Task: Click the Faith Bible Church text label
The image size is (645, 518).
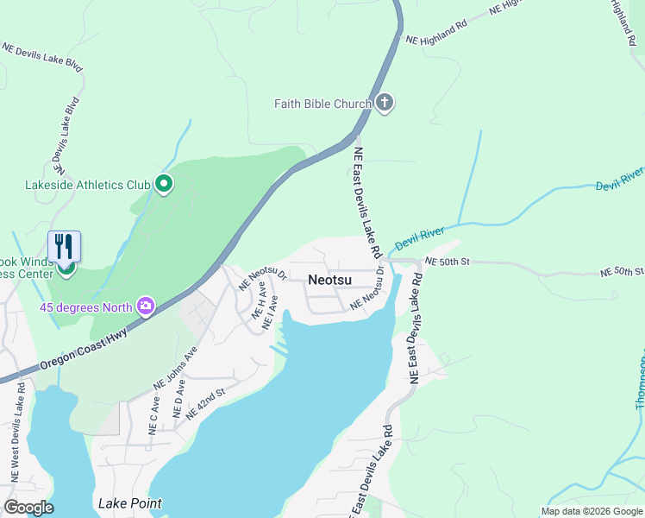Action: point(322,104)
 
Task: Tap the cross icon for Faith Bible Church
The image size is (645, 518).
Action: point(385,104)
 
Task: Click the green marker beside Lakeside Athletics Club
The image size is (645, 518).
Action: point(164,184)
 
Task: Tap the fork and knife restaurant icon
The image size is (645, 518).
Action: point(64,247)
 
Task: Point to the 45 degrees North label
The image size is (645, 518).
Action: point(85,307)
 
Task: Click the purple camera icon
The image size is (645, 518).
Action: point(146,306)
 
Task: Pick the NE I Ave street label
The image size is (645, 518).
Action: point(271,311)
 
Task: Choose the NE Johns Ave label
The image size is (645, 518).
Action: point(176,367)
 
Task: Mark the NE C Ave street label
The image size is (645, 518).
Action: point(153,416)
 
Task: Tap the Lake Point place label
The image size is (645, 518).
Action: point(129,503)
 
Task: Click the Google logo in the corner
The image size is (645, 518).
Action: point(28,508)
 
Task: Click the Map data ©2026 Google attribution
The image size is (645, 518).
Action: point(592,511)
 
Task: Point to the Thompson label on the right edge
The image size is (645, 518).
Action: point(639,380)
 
